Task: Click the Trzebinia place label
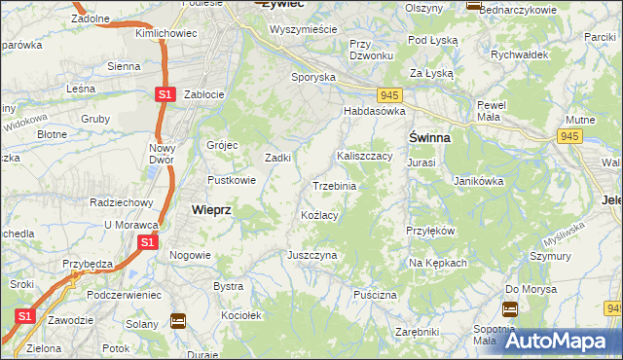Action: pyautogui.click(x=334, y=186)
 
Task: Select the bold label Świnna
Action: pyautogui.click(x=428, y=138)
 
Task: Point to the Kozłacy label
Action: pyautogui.click(x=319, y=215)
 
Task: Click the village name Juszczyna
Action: pyautogui.click(x=311, y=255)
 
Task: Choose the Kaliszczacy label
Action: pyautogui.click(x=364, y=156)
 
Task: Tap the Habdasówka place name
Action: pyautogui.click(x=372, y=112)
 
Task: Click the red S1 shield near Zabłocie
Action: pyautogui.click(x=165, y=94)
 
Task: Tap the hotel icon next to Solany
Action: pyautogui.click(x=177, y=320)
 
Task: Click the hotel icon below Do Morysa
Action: pyautogui.click(x=510, y=309)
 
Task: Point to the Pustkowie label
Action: pyautogui.click(x=232, y=180)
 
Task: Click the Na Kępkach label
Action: pyautogui.click(x=438, y=264)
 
